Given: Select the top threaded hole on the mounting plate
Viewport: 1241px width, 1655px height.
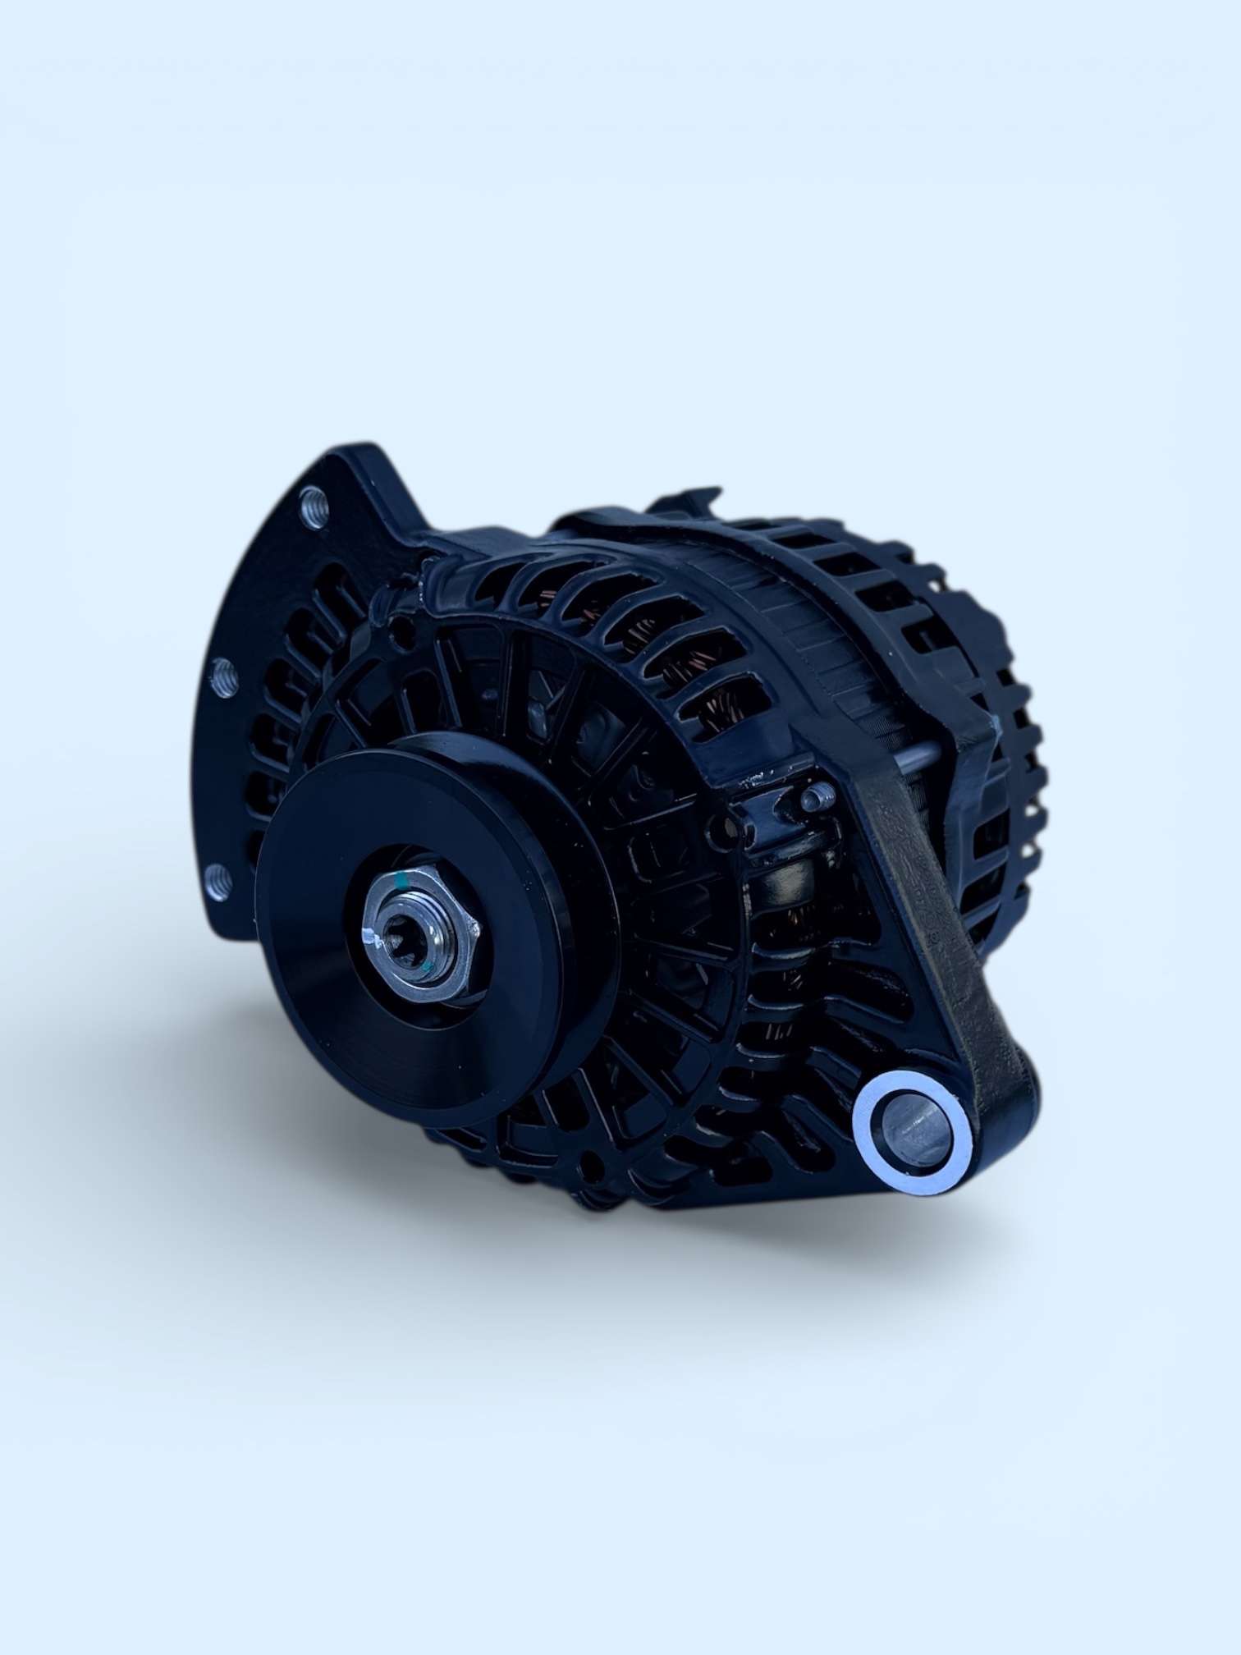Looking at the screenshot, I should pos(314,507).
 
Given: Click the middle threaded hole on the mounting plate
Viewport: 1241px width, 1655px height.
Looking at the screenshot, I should pos(223,676).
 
